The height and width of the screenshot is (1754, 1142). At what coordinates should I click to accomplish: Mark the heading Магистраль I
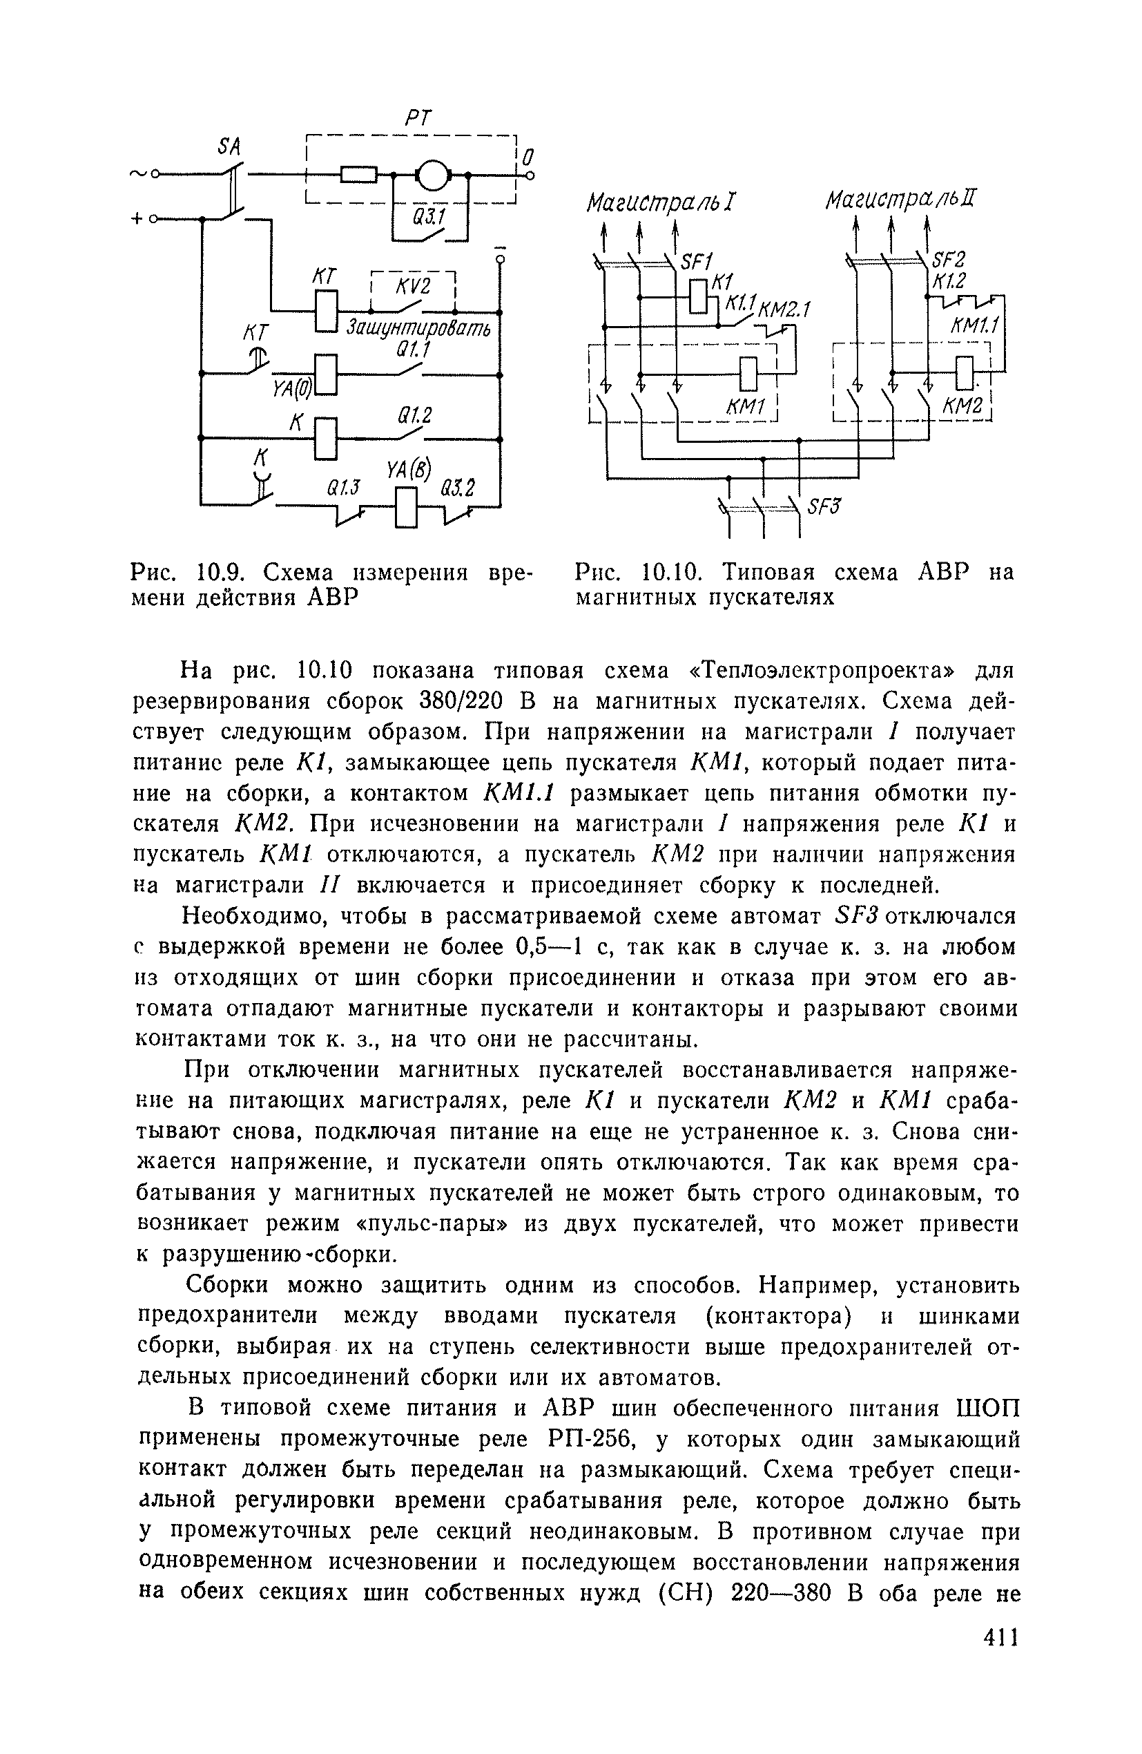coord(661,202)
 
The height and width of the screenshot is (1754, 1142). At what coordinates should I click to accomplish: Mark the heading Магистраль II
coord(900,199)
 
